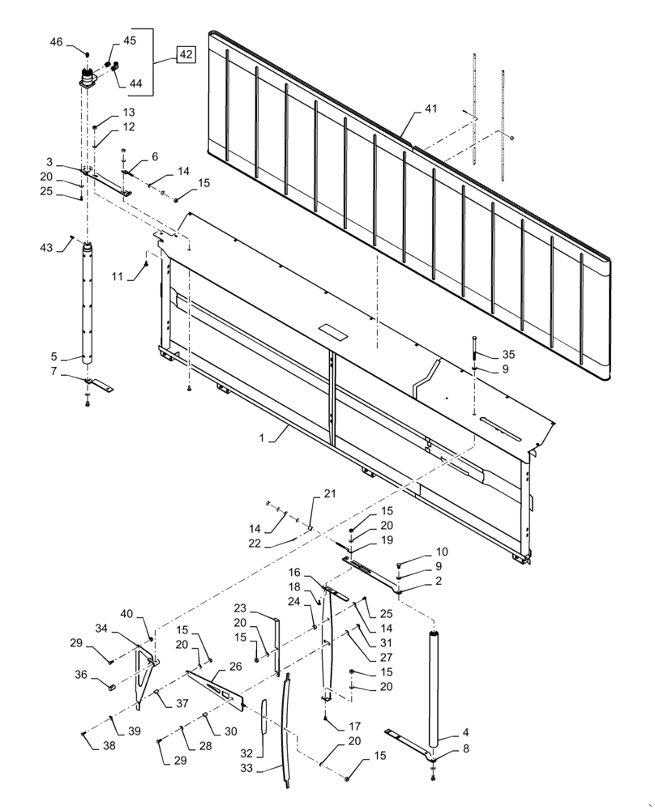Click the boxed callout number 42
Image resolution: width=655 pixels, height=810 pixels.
pos(186,55)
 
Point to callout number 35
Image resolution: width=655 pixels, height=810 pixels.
pos(486,355)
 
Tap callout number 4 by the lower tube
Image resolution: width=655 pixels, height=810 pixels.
pos(466,733)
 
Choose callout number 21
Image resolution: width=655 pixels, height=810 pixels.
pos(329,493)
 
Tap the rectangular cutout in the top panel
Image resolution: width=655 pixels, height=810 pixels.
pos(332,331)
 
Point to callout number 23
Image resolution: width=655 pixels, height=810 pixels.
pos(241,608)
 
